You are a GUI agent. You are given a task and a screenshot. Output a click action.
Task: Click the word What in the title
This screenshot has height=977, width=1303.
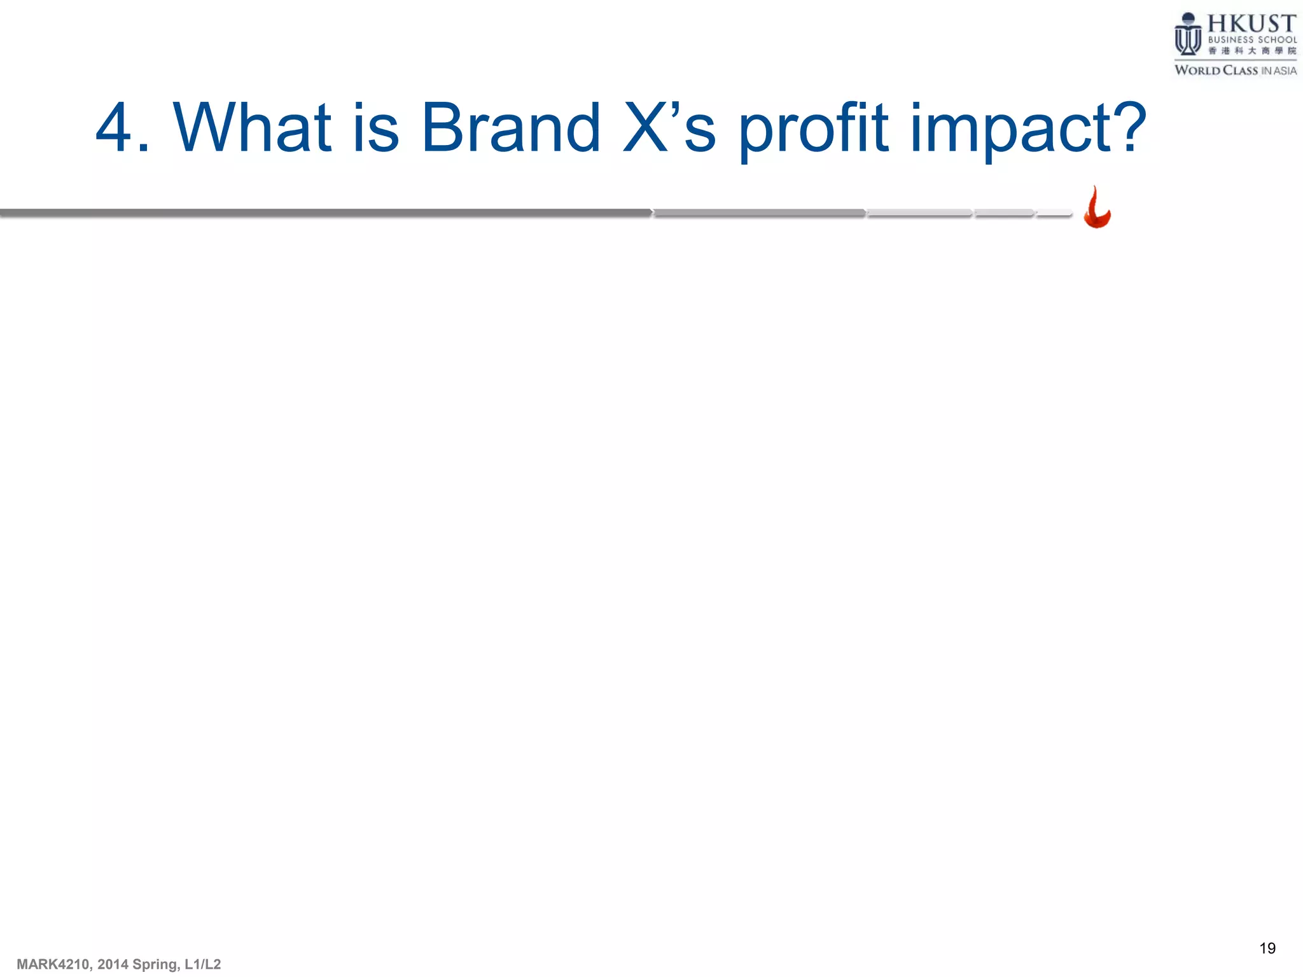(252, 128)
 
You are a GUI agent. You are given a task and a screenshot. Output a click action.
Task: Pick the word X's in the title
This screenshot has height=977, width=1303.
(669, 128)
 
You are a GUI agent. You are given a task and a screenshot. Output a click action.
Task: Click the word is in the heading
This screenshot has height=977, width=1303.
(375, 128)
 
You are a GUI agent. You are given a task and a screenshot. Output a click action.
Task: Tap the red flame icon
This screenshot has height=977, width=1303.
(1096, 209)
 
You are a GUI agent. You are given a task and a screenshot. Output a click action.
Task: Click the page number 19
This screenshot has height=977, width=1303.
(1267, 948)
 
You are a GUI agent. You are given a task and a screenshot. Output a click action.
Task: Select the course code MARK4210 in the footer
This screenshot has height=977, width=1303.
(54, 964)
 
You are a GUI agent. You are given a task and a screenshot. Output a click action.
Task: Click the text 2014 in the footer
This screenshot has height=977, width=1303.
(113, 964)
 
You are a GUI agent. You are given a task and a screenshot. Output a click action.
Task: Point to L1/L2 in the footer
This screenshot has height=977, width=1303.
(202, 964)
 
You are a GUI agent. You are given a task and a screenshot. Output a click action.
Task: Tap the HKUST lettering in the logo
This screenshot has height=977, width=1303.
(1251, 24)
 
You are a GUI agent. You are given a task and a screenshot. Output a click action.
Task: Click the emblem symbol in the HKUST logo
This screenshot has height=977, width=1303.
(1187, 35)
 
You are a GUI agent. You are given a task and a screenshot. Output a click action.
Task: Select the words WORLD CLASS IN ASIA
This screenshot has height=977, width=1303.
(1235, 71)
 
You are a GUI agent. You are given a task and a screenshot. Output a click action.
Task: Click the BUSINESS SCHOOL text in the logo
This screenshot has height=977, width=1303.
(1251, 39)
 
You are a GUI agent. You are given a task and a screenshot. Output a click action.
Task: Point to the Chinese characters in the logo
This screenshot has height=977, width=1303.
(1251, 51)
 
